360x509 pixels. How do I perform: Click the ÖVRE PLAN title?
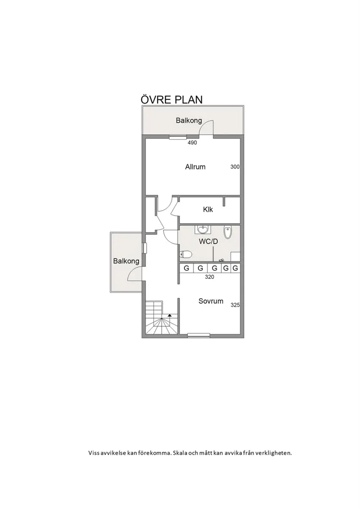172,99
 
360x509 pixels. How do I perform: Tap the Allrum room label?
195,167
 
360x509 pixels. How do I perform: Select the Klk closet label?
208,209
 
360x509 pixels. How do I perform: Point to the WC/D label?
208,242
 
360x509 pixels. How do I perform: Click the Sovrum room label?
211,301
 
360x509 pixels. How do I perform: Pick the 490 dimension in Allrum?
192,143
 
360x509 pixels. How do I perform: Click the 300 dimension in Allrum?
235,167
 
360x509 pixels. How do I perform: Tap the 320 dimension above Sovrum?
209,277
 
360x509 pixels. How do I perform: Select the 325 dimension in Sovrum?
235,305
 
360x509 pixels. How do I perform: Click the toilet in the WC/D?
185,254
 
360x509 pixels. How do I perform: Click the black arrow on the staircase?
170,315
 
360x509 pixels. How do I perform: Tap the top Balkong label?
189,120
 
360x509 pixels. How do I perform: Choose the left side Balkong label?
126,260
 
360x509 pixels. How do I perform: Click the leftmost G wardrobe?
186,268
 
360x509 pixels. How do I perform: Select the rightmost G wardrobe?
235,268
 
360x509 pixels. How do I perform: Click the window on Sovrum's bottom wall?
199,336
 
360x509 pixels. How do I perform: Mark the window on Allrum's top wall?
178,137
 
